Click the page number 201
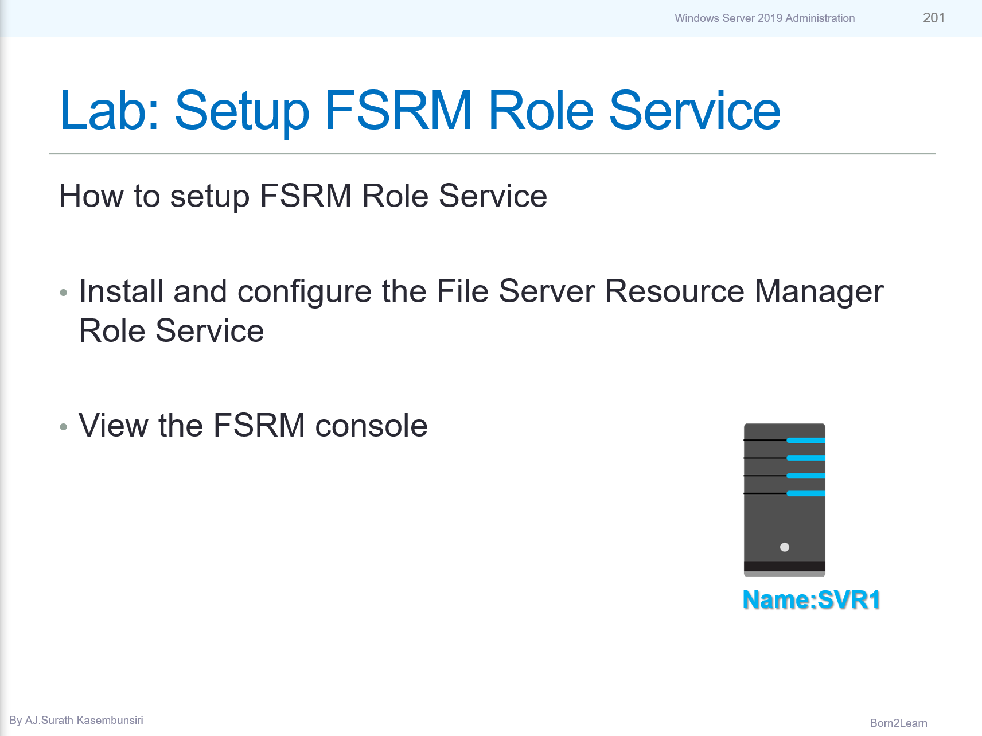point(933,18)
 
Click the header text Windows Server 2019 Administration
point(764,18)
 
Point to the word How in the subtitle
point(91,196)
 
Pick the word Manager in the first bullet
point(819,292)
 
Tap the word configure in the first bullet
point(305,292)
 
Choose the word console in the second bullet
point(371,426)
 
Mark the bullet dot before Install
point(64,293)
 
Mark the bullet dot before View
point(64,427)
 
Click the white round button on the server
point(785,547)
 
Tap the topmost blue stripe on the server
point(806,441)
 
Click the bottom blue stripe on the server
point(806,493)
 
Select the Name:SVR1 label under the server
point(811,600)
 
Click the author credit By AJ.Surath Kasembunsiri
point(76,721)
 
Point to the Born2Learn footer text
point(898,723)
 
